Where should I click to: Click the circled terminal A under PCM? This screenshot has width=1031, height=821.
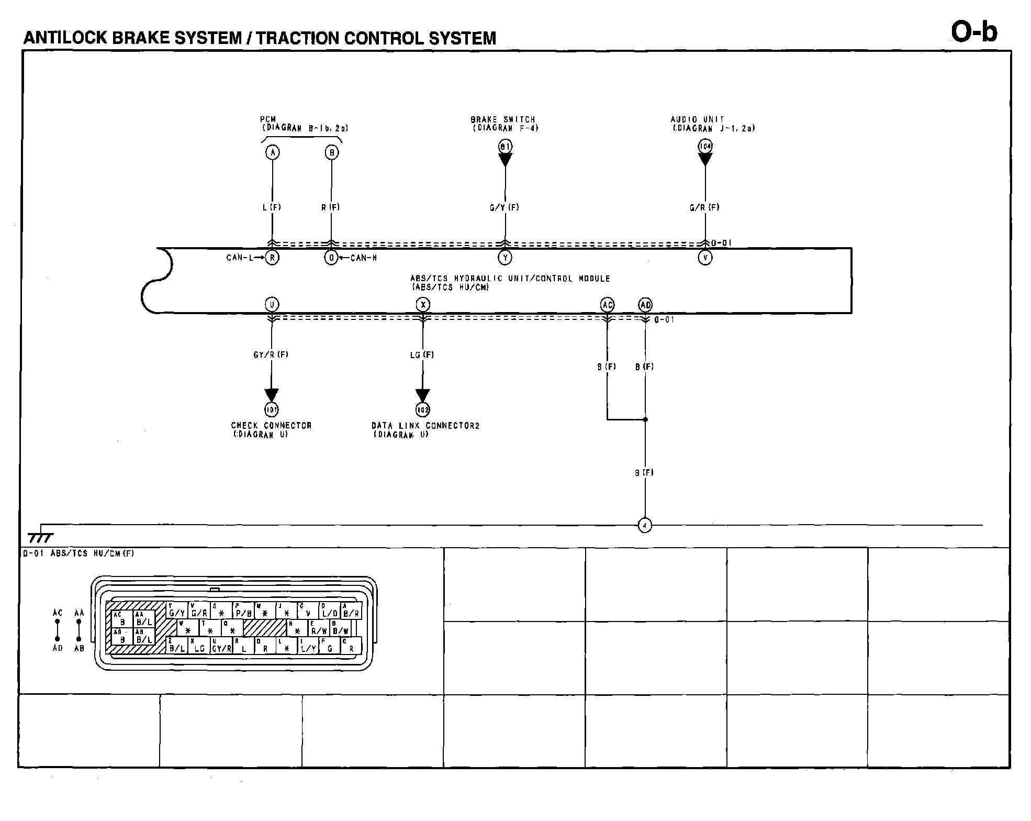pyautogui.click(x=272, y=152)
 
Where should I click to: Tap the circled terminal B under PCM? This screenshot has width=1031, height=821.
pyautogui.click(x=331, y=152)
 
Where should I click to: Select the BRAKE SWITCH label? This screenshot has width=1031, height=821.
pyautogui.click(x=503, y=120)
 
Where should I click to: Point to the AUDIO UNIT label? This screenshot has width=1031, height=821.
pyautogui.click(x=698, y=120)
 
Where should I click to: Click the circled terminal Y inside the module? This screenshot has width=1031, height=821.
pyautogui.click(x=505, y=258)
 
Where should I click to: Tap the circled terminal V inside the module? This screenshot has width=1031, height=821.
pyautogui.click(x=705, y=258)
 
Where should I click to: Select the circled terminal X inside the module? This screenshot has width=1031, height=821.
pyautogui.click(x=423, y=305)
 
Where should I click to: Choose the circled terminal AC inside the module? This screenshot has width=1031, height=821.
pyautogui.click(x=607, y=305)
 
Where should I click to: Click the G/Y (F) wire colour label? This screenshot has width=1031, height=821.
pyautogui.click(x=505, y=207)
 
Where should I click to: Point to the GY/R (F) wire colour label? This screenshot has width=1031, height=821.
pyautogui.click(x=271, y=354)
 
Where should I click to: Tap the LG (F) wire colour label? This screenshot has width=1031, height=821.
pyautogui.click(x=422, y=354)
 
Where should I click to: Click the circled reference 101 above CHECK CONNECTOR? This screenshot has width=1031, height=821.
pyautogui.click(x=272, y=409)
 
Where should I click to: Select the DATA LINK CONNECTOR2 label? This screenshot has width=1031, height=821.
pyautogui.click(x=425, y=426)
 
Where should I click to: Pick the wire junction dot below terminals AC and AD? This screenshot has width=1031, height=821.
pyautogui.click(x=645, y=419)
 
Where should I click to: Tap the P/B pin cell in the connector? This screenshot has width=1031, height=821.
pyautogui.click(x=243, y=611)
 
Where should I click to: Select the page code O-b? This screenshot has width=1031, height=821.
pyautogui.click(x=974, y=32)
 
